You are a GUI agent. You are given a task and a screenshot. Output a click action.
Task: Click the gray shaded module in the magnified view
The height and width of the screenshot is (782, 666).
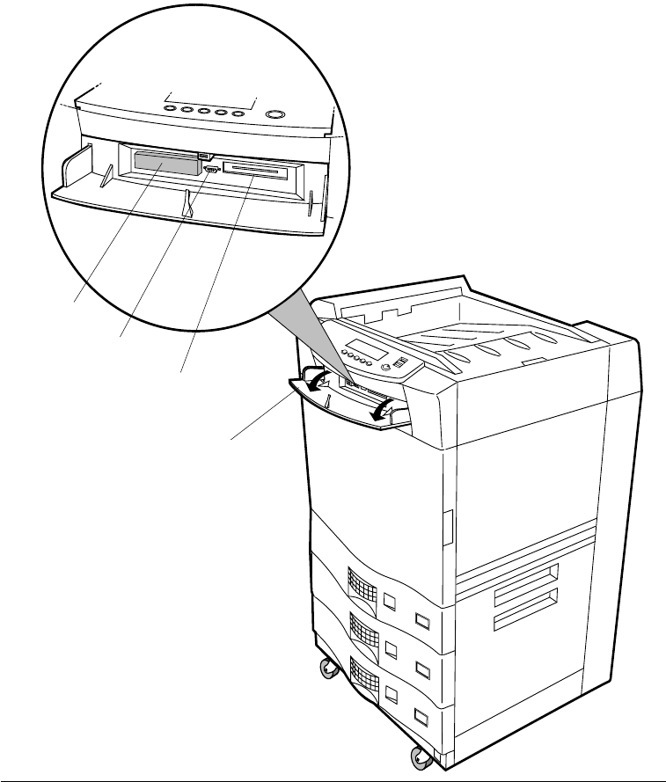click(x=165, y=161)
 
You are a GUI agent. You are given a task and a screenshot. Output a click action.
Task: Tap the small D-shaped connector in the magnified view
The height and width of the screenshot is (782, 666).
click(x=210, y=167)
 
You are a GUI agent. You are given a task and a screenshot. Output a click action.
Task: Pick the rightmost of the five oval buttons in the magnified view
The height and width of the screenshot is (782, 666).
click(x=235, y=112)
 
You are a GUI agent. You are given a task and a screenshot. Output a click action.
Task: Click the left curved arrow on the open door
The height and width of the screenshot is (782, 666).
click(x=322, y=377)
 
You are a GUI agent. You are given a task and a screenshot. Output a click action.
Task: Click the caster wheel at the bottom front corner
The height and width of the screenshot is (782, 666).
click(x=414, y=756)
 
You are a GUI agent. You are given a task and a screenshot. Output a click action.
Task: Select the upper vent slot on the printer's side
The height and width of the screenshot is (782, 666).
click(x=525, y=575)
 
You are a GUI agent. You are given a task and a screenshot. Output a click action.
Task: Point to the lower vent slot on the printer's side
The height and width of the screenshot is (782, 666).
click(x=525, y=621)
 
